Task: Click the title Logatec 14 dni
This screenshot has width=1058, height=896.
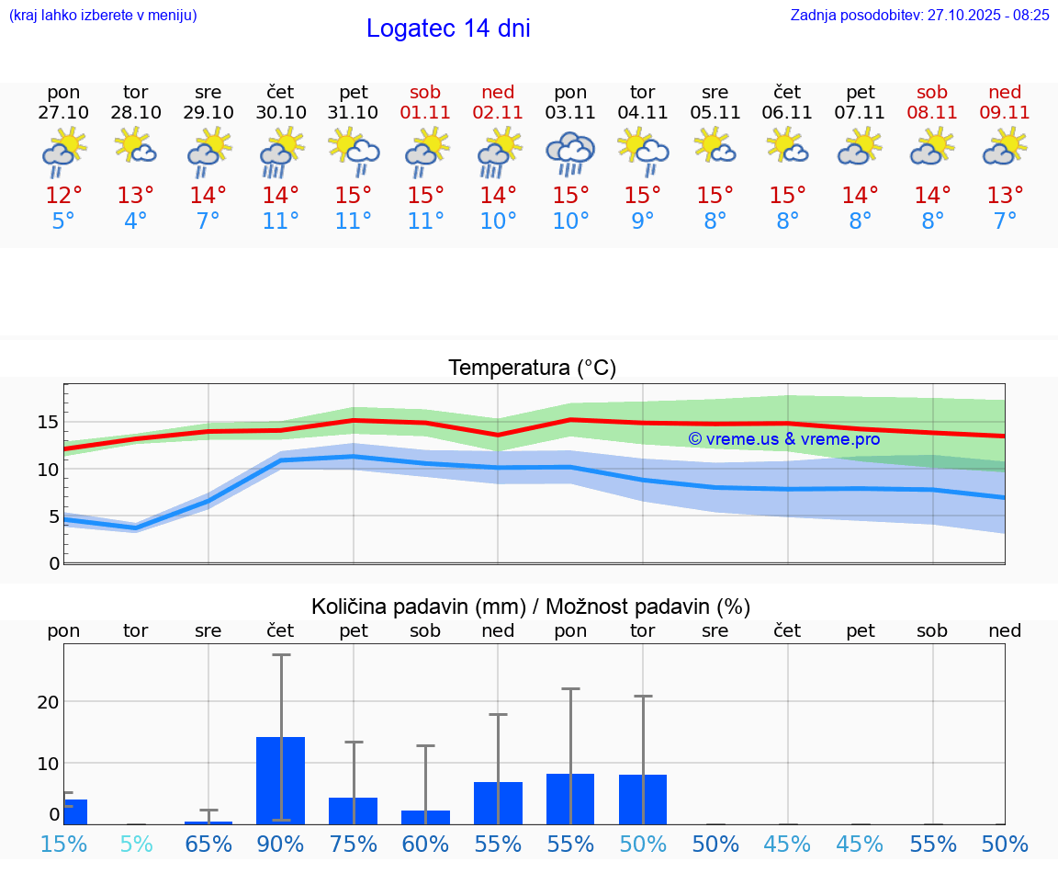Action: [448, 28]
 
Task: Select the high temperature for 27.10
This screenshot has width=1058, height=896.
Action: [64, 196]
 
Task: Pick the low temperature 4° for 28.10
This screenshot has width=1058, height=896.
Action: [136, 221]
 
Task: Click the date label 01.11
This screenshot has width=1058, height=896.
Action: [425, 113]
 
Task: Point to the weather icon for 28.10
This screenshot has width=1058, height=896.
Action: [136, 147]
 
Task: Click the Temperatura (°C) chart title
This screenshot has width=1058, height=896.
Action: [532, 369]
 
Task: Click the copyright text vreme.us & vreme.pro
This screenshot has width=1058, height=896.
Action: [784, 439]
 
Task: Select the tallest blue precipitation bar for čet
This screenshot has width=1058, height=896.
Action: [281, 779]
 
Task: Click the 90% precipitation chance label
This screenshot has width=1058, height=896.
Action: [281, 844]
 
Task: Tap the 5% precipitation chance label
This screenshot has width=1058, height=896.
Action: [136, 844]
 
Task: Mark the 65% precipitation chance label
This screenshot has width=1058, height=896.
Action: [208, 844]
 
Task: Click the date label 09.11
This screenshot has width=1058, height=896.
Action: [1005, 113]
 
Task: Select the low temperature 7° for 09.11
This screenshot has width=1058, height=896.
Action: [1005, 221]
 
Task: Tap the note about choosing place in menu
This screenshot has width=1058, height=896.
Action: [102, 15]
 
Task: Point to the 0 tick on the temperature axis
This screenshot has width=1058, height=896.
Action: [54, 562]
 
